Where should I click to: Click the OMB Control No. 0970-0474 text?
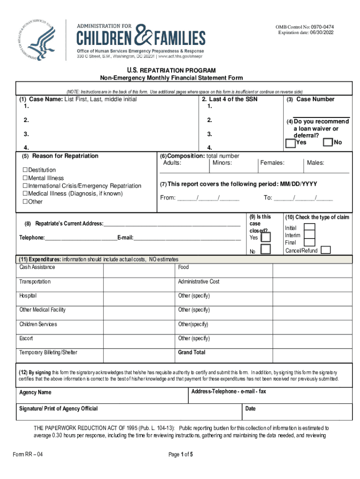click(305, 27)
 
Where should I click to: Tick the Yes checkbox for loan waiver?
click(290, 143)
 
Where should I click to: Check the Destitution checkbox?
click(25, 170)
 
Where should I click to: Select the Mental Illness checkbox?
click(25, 178)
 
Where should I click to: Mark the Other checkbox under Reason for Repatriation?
click(25, 202)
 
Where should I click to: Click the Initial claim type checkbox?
click(309, 227)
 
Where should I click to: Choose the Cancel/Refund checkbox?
click(326, 250)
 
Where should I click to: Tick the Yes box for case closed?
click(266, 237)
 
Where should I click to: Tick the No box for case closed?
click(266, 249)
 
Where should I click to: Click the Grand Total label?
click(191, 352)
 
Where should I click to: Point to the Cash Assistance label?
click(37, 267)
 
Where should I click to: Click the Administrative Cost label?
click(198, 282)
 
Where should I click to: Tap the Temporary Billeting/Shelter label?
click(48, 352)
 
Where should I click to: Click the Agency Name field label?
click(35, 392)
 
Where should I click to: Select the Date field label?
click(251, 409)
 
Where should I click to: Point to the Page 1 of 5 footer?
click(180, 454)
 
